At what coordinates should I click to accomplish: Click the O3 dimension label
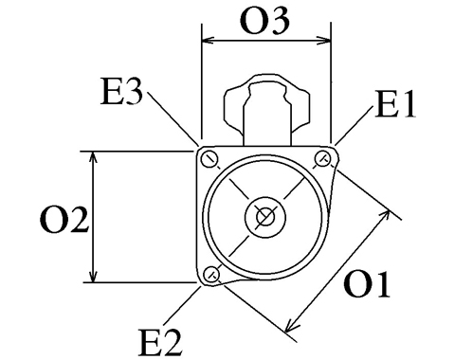pos(264,21)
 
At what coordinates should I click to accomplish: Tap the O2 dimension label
pos(64,220)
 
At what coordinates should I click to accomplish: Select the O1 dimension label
pos(367,284)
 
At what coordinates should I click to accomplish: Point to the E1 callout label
pos(395,104)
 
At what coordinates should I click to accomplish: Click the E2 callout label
pos(161,342)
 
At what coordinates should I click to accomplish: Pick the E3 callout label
pos(122,91)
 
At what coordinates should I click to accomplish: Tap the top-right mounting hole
pos(323,157)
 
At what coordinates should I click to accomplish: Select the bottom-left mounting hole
pos(211,274)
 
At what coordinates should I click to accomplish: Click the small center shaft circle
pos(265,217)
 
